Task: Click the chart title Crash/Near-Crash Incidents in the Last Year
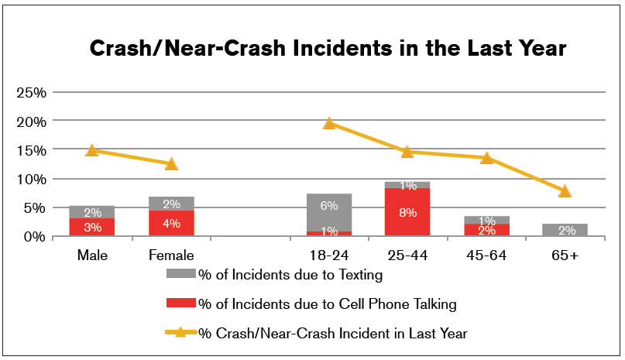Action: click(x=328, y=49)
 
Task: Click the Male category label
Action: click(x=91, y=255)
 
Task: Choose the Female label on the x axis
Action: click(x=171, y=255)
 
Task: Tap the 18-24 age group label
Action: click(x=329, y=255)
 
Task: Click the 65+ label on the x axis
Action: click(x=565, y=255)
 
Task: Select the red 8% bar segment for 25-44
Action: click(x=407, y=211)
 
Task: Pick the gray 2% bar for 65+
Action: click(x=565, y=230)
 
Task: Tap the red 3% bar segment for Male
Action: click(x=91, y=227)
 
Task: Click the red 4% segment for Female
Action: click(x=171, y=223)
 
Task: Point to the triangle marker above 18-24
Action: click(x=329, y=123)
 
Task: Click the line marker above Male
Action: click(x=91, y=150)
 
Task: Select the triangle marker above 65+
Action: click(x=565, y=190)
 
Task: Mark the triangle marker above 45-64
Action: click(x=486, y=158)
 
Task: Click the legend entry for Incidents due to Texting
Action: click(x=290, y=273)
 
